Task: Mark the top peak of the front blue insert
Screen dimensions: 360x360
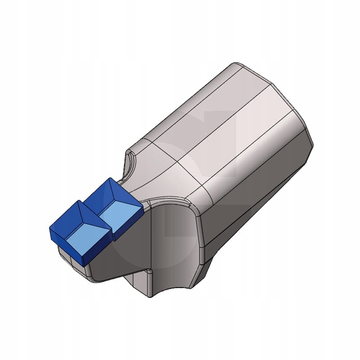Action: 79,201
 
